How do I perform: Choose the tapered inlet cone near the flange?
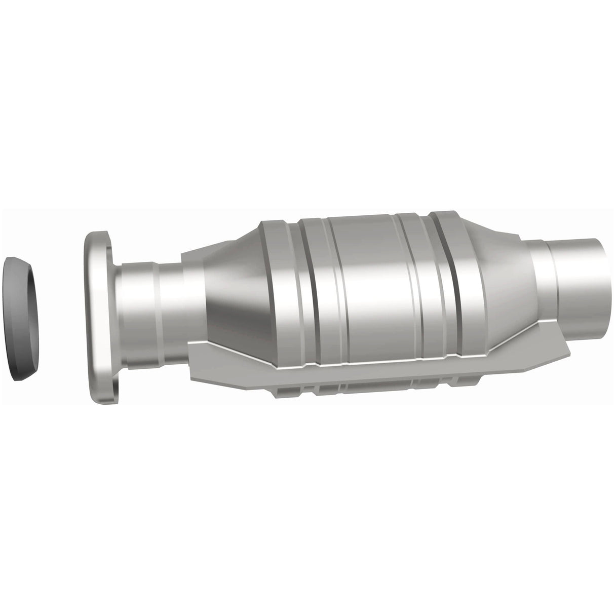pos(228,294)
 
